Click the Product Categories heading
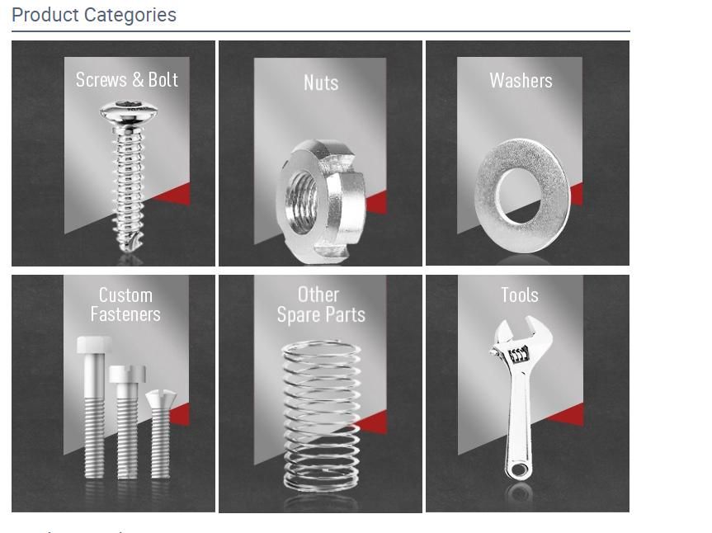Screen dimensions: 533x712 (x=94, y=15)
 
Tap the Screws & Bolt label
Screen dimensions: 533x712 (x=126, y=79)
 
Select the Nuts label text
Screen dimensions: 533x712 (x=320, y=83)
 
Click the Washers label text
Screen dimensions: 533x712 (x=521, y=80)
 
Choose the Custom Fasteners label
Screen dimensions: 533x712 (x=125, y=304)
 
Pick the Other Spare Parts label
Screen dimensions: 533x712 (x=320, y=304)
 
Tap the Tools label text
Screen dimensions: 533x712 (x=519, y=295)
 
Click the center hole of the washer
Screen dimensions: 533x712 (x=519, y=197)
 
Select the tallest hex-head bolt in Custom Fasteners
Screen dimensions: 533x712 (x=93, y=404)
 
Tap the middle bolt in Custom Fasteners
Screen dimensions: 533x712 (x=126, y=421)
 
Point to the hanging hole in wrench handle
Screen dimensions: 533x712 (x=517, y=470)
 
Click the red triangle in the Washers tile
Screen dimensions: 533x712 (x=575, y=195)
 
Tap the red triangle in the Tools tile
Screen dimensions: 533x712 (x=572, y=415)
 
